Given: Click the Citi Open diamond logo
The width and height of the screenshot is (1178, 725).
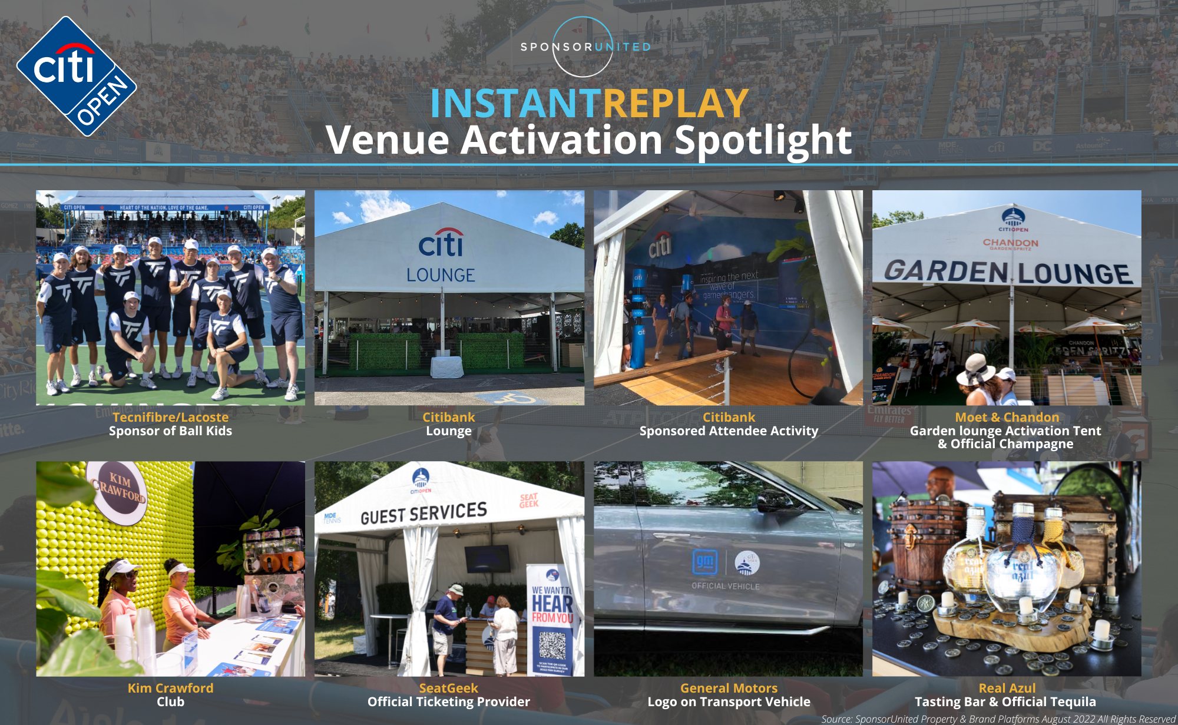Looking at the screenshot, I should coord(77,77).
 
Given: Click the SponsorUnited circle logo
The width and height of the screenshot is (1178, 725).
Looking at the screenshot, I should coord(583,47).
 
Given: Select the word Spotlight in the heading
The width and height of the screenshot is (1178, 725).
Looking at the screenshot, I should coord(763,140).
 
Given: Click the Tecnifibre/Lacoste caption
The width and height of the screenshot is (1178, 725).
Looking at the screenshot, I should coord(170,417).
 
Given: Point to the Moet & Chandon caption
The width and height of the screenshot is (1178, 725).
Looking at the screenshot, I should coord(1007,417).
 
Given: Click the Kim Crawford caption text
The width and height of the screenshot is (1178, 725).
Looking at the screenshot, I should coord(170,688).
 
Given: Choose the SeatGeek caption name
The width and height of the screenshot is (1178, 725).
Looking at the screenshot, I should coord(448,688).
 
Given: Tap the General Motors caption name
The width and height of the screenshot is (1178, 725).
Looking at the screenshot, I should coord(729,688).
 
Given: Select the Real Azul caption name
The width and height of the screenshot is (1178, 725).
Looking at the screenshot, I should coord(1007,688).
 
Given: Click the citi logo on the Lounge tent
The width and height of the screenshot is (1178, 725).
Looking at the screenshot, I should coord(441,243).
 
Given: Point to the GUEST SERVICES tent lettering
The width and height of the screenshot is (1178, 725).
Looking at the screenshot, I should coord(423,513).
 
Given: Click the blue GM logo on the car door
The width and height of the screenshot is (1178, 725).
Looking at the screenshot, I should coord(704,563).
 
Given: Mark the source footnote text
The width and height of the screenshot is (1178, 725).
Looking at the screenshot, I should coord(998,719).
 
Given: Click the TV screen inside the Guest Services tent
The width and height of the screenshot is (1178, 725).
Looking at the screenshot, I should coord(488,558).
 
